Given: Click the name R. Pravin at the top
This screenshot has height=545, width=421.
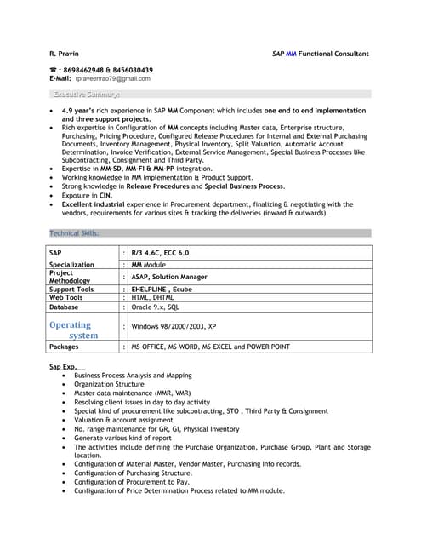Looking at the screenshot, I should point(64,54).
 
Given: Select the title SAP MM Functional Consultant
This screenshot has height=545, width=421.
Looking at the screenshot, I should point(320,54).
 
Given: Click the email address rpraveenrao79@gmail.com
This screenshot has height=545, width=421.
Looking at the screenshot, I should point(112,78).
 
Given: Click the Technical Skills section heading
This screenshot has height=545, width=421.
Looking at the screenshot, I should point(75,232).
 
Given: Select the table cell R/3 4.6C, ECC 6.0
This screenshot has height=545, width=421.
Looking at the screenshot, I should point(161,253).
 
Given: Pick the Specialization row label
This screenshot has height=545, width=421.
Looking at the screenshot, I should point(71,265).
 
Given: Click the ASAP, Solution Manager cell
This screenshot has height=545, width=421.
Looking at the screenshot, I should point(169,277).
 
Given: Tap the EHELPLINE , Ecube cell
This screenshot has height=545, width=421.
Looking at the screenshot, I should point(162,290).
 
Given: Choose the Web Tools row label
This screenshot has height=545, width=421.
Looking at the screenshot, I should point(65,298).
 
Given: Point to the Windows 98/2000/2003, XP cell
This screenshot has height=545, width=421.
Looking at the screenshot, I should point(174,326).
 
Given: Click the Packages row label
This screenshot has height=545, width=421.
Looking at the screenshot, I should point(64,347).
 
